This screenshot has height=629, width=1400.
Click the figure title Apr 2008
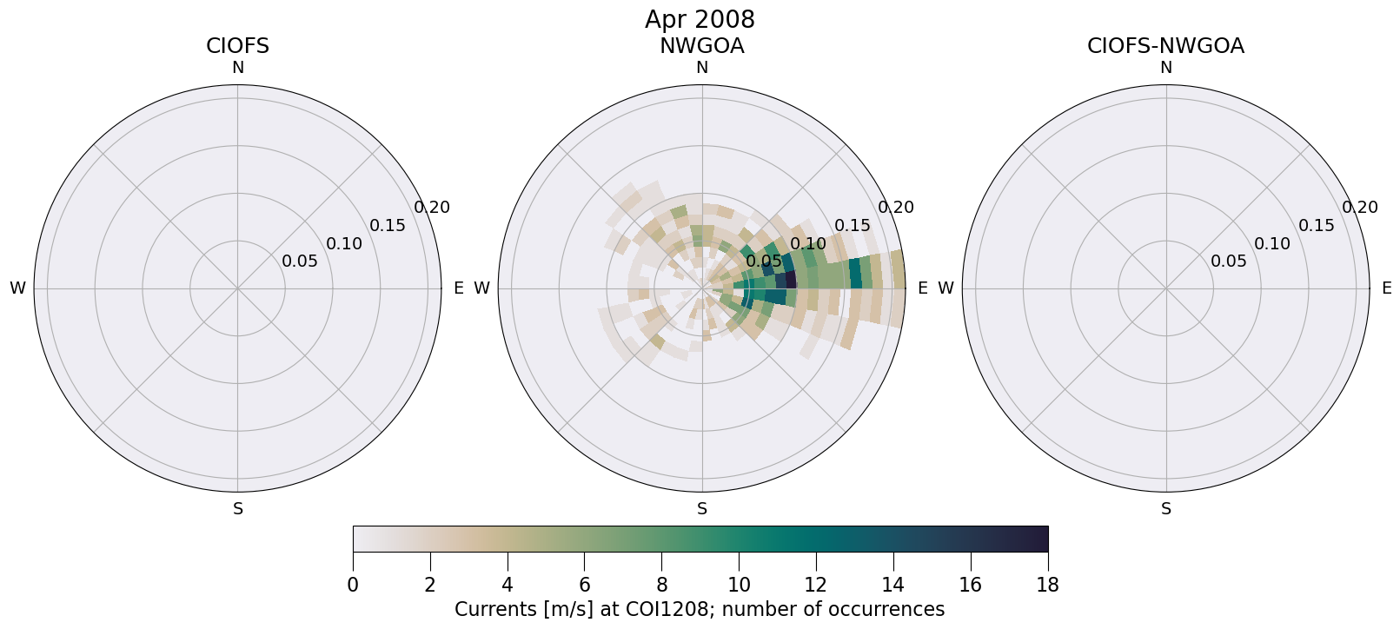pos(700,19)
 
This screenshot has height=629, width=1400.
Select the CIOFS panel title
pos(237,46)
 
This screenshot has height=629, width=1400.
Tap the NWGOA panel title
pos(701,46)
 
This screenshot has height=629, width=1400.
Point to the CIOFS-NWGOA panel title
pos(1165,46)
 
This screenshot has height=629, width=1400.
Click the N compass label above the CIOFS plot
pos(237,68)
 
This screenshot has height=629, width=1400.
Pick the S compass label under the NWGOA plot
pos(702,509)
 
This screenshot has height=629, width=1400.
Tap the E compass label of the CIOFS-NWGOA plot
pos(1386,288)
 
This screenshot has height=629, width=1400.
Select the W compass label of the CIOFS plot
pos(17,288)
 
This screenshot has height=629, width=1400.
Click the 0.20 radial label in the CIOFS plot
pos(432,208)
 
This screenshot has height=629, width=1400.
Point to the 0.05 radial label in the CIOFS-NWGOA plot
pos(1229,262)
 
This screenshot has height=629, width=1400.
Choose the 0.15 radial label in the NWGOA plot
pos(852,226)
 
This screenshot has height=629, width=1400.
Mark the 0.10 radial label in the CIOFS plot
pos(344,243)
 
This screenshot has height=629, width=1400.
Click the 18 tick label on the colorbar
pos(1047,585)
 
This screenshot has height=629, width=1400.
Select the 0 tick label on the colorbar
pos(353,585)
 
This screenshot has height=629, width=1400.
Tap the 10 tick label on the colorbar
pos(739,585)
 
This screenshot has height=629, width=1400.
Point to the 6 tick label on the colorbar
pos(584,585)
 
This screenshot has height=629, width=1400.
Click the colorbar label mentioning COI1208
pos(700,609)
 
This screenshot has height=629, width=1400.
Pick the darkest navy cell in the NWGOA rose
pos(791,280)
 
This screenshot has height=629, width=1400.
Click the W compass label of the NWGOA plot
pos(481,288)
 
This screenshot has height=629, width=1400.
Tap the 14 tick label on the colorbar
pos(893,585)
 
